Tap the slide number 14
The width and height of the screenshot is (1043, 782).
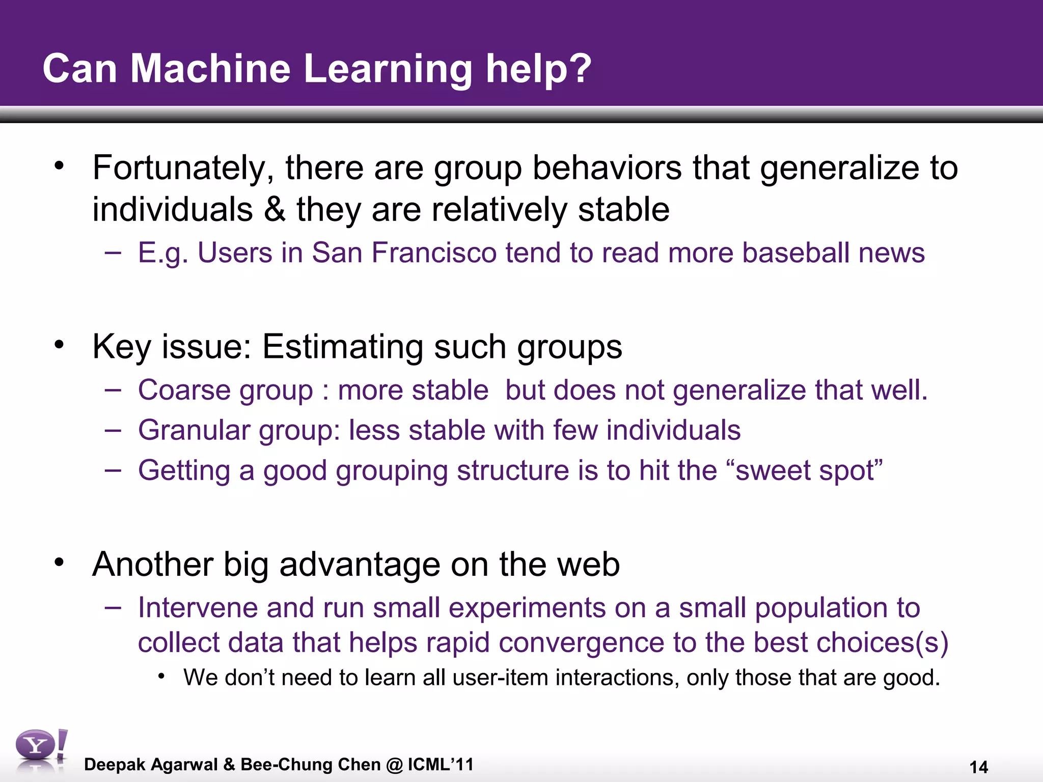pyautogui.click(x=978, y=767)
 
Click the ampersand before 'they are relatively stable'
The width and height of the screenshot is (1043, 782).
pyautogui.click(x=275, y=209)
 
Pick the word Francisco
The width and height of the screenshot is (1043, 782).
pyautogui.click(x=434, y=253)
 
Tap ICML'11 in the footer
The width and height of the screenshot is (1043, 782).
pyautogui.click(x=441, y=764)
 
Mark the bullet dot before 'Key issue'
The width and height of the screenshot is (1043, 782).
pyautogui.click(x=60, y=345)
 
